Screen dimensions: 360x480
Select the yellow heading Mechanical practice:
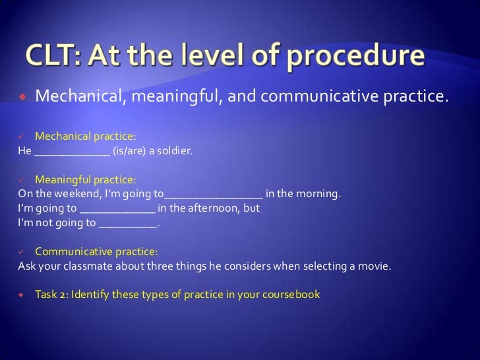pyautogui.click(x=85, y=136)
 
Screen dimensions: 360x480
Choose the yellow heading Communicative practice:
pyautogui.click(x=96, y=251)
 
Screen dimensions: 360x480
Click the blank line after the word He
pyautogui.click(x=72, y=152)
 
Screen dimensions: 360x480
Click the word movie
pyautogui.click(x=375, y=266)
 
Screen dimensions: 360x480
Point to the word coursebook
pyautogui.click(x=289, y=294)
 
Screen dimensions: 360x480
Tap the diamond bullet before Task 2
pyautogui.click(x=21, y=294)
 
